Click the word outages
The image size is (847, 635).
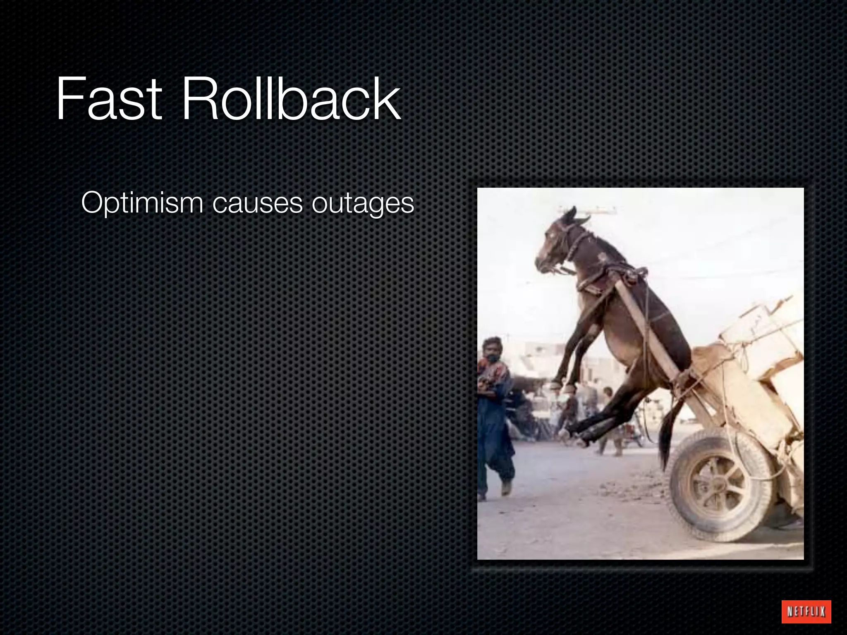pos(362,204)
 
